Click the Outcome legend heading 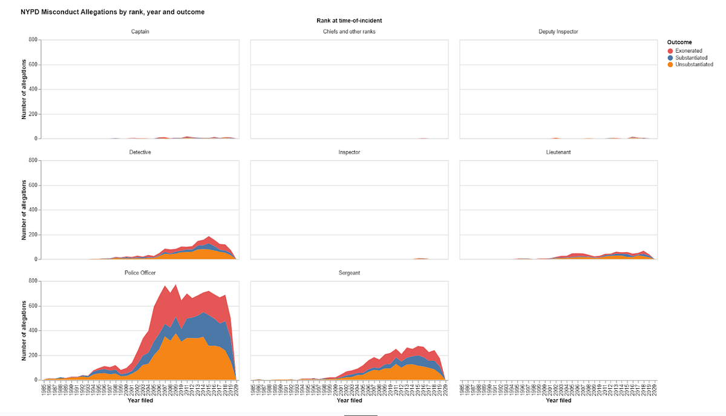(x=679, y=42)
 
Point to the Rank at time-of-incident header (x=349, y=21)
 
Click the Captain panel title (x=140, y=31)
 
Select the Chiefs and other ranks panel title (x=349, y=31)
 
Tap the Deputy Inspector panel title (x=558, y=31)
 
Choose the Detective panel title (x=140, y=152)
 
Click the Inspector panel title (x=349, y=152)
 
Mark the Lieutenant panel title (x=558, y=152)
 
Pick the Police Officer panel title (x=140, y=273)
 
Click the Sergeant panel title (x=349, y=273)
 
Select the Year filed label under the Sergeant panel (x=349, y=400)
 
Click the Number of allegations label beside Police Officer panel (x=24, y=331)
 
